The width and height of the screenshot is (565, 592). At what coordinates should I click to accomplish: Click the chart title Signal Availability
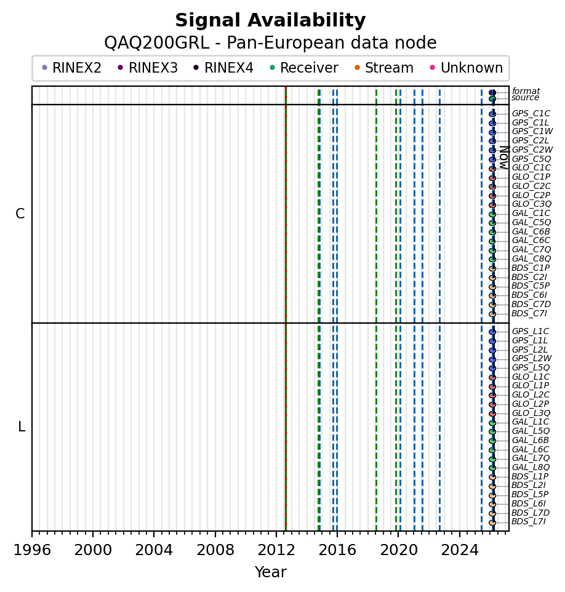coord(270,21)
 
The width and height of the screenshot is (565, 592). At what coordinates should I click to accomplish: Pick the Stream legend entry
coord(390,68)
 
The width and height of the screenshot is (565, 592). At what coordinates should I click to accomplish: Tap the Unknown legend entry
coord(471,68)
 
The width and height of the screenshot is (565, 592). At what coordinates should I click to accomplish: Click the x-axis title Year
coord(270,572)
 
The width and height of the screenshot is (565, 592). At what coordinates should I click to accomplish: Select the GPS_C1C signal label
coord(531,114)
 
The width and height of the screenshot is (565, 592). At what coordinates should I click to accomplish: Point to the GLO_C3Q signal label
coord(531,204)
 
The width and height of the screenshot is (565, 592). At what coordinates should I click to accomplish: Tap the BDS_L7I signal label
coord(528,522)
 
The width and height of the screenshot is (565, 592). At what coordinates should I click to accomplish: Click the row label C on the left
coord(20,214)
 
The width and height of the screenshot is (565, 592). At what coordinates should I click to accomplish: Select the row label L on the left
coord(22,427)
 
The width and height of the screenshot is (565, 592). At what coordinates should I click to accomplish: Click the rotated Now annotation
coord(503,158)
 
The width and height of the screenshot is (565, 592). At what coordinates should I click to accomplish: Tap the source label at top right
coord(525,98)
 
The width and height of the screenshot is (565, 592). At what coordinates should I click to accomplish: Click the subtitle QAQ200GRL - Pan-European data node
coord(270,43)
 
